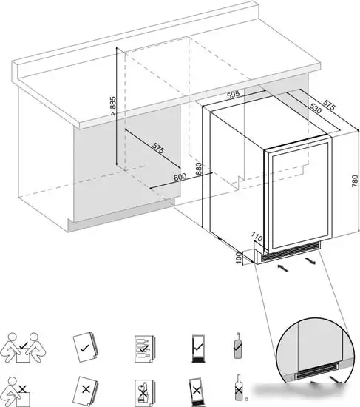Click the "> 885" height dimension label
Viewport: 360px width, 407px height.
(112, 106)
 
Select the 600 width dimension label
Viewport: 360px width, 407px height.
(180, 177)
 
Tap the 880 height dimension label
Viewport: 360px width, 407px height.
(199, 169)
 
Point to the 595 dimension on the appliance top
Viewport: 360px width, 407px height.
(233, 95)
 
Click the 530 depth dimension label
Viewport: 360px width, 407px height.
(316, 108)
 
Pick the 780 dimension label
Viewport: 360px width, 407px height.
(355, 181)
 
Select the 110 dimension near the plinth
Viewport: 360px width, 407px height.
(257, 237)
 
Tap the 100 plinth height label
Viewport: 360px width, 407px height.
(239, 258)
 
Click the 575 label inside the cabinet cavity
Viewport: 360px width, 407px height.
(158, 148)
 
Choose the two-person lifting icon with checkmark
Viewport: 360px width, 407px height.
(24, 348)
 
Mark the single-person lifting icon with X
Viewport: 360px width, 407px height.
(18, 392)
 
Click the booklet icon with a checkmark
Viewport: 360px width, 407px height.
(85, 347)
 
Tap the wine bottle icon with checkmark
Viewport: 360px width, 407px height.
(237, 346)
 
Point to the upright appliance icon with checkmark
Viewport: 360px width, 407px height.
(198, 349)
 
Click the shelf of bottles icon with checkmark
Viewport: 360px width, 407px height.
(144, 349)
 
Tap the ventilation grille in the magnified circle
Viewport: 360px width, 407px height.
(317, 369)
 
